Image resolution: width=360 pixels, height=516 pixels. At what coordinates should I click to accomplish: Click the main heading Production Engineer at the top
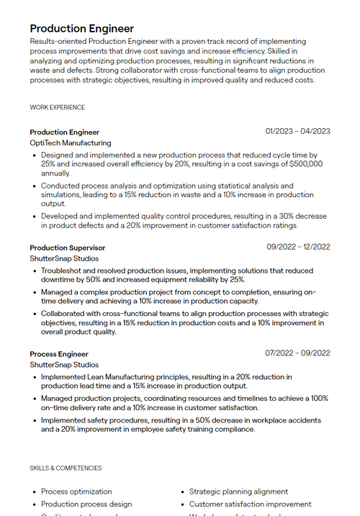pyautogui.click(x=81, y=28)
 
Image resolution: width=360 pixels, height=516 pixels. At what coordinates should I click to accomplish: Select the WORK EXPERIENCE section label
pyautogui.click(x=57, y=107)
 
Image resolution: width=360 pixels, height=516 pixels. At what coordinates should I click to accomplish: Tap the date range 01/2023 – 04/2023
pyautogui.click(x=297, y=131)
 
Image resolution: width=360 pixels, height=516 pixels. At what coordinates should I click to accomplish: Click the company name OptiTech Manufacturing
pyautogui.click(x=71, y=143)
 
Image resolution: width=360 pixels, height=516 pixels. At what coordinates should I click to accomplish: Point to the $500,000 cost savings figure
pyautogui.click(x=306, y=164)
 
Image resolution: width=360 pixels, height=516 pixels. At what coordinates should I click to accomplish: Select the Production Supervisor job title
pyautogui.click(x=67, y=248)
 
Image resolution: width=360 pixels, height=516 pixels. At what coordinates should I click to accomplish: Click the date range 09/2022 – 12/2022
pyautogui.click(x=298, y=247)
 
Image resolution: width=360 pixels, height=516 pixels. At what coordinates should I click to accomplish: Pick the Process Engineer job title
pyautogui.click(x=59, y=353)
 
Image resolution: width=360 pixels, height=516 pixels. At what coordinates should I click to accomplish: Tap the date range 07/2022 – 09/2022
pyautogui.click(x=297, y=353)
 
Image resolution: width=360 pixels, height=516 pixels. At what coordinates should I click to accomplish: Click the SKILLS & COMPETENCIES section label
pyautogui.click(x=66, y=468)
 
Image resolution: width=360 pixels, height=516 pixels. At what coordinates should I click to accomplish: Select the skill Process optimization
pyautogui.click(x=76, y=492)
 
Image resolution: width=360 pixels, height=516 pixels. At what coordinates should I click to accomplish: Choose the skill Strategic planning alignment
pyautogui.click(x=238, y=492)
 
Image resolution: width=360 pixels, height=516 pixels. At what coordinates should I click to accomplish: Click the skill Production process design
pyautogui.click(x=86, y=504)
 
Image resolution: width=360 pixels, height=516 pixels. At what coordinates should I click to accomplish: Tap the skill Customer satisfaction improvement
pyautogui.click(x=250, y=504)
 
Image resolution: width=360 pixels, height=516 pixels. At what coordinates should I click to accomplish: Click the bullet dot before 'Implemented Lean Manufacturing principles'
pyautogui.click(x=34, y=377)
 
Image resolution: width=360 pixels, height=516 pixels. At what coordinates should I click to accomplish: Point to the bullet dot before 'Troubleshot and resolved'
pyautogui.click(x=34, y=271)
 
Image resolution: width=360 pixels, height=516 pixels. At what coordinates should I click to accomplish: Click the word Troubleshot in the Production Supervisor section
pyautogui.click(x=63, y=271)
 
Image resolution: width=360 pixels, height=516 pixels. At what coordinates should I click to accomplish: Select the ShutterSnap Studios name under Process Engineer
pyautogui.click(x=64, y=365)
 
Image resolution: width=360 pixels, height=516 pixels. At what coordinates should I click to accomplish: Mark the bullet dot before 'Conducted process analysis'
pyautogui.click(x=34, y=186)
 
